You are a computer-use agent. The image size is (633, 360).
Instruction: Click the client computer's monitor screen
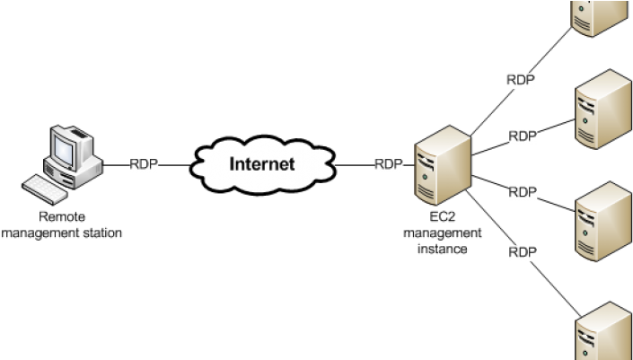(x=65, y=144)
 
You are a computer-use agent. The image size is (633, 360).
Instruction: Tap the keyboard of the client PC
(x=44, y=188)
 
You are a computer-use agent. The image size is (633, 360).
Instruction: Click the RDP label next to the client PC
(x=144, y=164)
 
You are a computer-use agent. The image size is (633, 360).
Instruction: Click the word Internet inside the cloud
(x=261, y=164)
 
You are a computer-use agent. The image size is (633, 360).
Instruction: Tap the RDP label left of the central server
(x=389, y=164)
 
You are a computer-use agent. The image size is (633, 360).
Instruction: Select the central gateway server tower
(x=443, y=165)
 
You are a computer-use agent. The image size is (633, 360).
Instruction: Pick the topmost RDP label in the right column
(x=521, y=81)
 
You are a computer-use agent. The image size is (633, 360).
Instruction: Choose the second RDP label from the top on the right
(x=523, y=136)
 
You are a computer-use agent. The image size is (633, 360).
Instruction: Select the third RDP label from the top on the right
(x=523, y=192)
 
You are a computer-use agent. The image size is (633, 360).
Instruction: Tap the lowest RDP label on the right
(x=523, y=252)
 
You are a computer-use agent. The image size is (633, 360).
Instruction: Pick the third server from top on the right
(x=603, y=222)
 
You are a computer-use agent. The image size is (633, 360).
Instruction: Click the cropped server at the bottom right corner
(x=603, y=332)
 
